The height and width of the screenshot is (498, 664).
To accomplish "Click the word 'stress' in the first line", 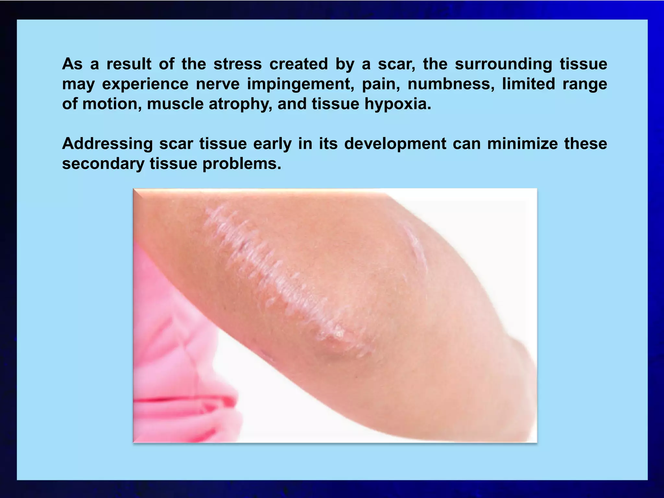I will (x=237, y=64).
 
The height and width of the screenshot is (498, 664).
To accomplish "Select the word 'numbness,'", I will (x=451, y=84).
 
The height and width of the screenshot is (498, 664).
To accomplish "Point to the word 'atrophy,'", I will (x=240, y=104).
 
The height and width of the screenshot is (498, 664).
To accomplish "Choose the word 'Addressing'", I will (x=107, y=144).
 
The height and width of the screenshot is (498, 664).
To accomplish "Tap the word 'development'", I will (x=395, y=144).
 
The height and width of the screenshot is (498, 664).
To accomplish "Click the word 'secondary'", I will (x=103, y=164).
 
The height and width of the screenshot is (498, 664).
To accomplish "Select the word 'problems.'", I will (x=242, y=164).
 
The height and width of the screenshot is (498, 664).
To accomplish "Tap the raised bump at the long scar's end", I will (x=337, y=334).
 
